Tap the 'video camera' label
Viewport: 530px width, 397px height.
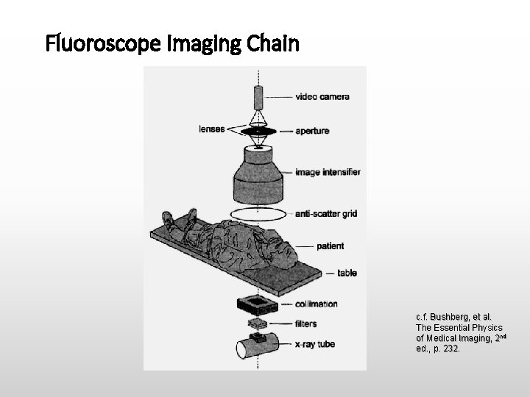coord(322,96)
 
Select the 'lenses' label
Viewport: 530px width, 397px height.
coord(211,129)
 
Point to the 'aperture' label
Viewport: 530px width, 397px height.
coord(312,131)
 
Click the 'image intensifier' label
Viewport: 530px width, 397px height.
coord(328,173)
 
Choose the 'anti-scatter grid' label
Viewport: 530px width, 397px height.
coord(326,214)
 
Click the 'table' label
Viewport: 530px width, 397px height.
coord(347,273)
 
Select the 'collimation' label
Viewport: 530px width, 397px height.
coord(316,304)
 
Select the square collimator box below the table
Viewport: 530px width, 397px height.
coord(257,303)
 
